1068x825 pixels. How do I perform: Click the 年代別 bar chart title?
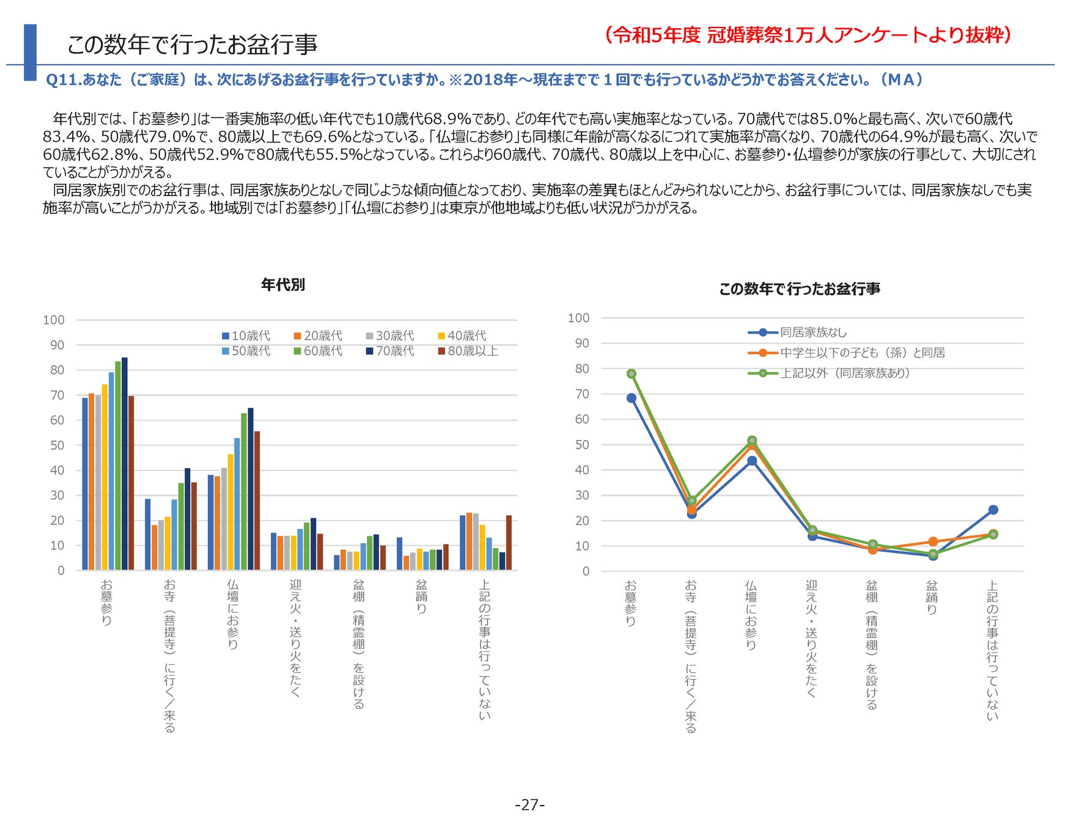click(282, 285)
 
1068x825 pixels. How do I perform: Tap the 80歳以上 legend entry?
click(468, 351)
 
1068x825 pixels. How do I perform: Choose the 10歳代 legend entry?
click(246, 336)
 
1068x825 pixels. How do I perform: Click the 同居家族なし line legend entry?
click(797, 332)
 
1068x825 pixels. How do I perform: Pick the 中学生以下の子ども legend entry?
click(846, 353)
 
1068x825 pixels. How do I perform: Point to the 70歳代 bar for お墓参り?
click(125, 464)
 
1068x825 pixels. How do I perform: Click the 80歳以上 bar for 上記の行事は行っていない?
click(509, 543)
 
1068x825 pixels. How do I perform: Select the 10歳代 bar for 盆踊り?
click(399, 554)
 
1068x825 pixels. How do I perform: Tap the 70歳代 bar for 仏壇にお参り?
click(251, 489)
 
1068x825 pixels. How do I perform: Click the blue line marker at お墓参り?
click(632, 398)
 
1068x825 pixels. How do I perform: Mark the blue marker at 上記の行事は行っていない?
click(993, 510)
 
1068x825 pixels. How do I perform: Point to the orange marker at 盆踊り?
click(933, 541)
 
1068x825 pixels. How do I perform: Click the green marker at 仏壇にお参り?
click(752, 441)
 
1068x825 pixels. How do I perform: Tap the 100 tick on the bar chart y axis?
click(54, 320)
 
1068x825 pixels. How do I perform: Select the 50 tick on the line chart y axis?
click(582, 445)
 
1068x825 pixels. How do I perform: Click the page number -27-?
click(529, 805)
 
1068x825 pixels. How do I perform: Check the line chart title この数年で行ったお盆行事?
click(800, 288)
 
